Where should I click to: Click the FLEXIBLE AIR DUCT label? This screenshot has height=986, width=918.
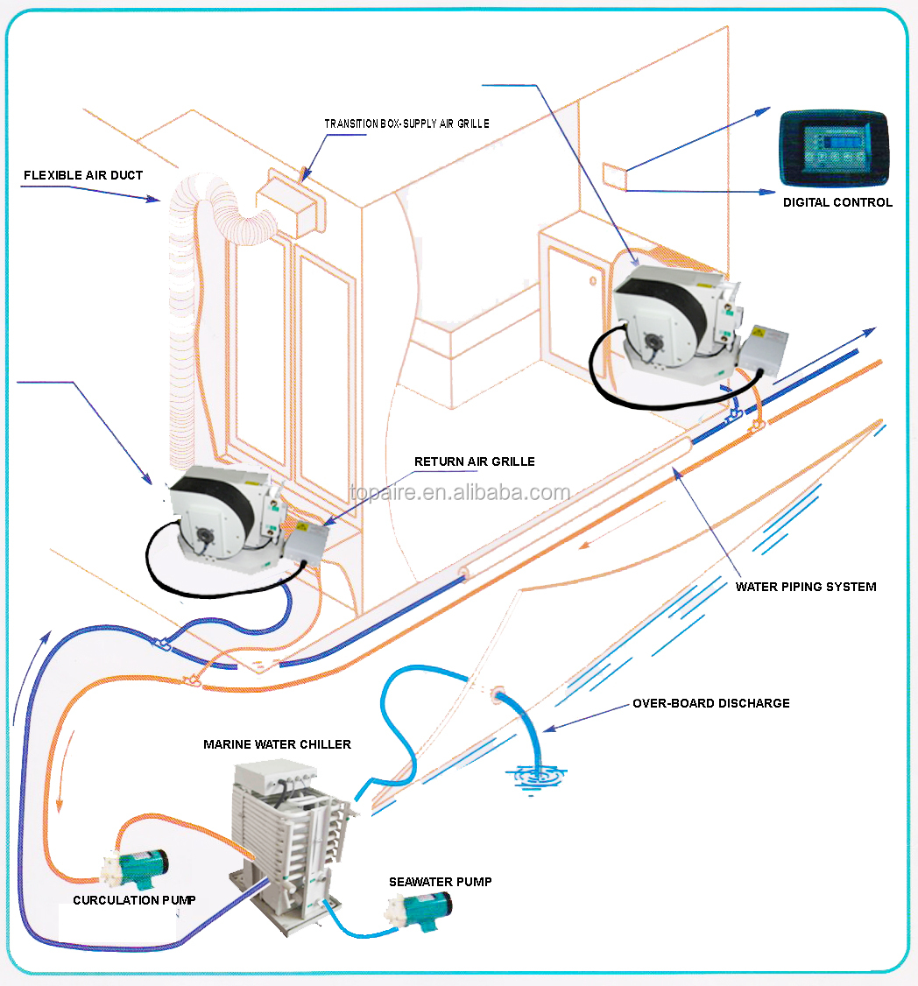(x=83, y=175)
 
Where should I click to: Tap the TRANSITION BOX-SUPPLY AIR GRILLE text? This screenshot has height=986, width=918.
(x=406, y=124)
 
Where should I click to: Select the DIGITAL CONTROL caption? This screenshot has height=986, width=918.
(x=837, y=202)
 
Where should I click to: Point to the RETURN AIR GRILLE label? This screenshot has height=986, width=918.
(x=474, y=461)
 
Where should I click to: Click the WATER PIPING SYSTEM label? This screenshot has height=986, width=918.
(x=806, y=587)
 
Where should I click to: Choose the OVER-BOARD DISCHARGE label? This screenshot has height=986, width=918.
(x=710, y=703)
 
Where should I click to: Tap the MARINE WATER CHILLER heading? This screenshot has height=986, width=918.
(x=277, y=744)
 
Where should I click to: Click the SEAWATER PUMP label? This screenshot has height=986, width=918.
(x=440, y=882)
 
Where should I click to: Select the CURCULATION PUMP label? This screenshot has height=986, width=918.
(x=134, y=900)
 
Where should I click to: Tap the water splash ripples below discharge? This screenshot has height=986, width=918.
(x=535, y=776)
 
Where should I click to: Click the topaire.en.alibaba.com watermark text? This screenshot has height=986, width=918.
(x=459, y=493)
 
